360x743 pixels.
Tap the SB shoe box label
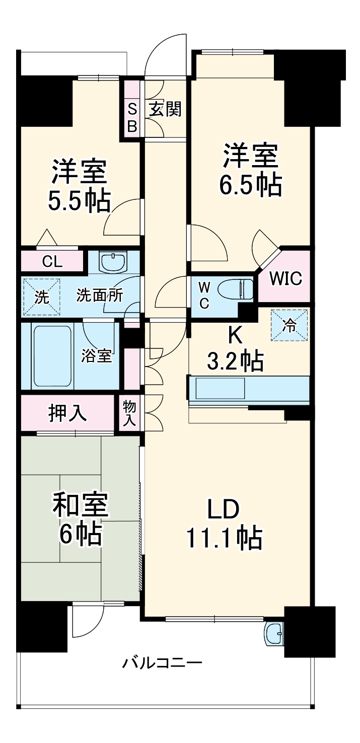pyautogui.click(x=132, y=117)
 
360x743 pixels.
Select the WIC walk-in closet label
pyautogui.click(x=285, y=278)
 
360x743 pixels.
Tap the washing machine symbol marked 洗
pyautogui.click(x=41, y=297)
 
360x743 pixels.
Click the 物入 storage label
pyautogui.click(x=129, y=413)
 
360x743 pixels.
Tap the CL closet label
pyautogui.click(x=52, y=262)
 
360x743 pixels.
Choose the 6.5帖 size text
pyautogui.click(x=250, y=185)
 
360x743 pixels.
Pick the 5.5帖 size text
pyautogui.click(x=79, y=201)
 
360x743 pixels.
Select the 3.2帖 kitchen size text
pyautogui.click(x=235, y=360)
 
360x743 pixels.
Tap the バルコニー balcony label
pyautogui.click(x=162, y=662)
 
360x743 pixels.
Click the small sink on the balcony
pyautogui.click(x=274, y=633)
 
